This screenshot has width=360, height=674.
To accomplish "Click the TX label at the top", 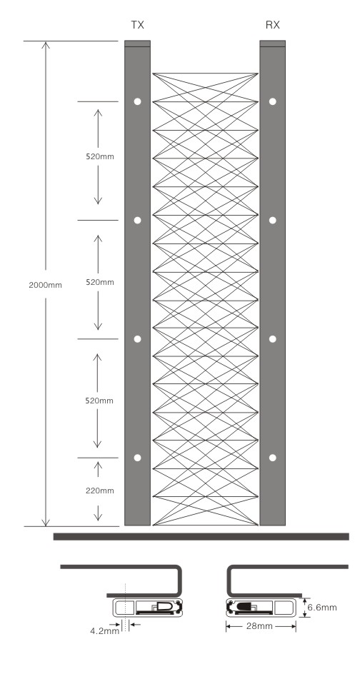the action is pyautogui.click(x=137, y=25).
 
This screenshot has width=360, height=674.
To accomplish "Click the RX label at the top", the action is pyautogui.click(x=273, y=25).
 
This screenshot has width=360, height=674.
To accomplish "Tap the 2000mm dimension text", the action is pyautogui.click(x=45, y=285).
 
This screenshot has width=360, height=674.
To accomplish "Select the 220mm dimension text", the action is pyautogui.click(x=100, y=491).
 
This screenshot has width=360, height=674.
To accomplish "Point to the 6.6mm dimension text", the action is pyautogui.click(x=321, y=608).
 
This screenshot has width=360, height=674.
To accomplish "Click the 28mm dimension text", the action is pyautogui.click(x=259, y=626).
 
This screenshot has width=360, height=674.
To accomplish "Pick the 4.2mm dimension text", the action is pyautogui.click(x=104, y=631).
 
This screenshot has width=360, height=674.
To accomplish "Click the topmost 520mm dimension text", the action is pyautogui.click(x=100, y=156).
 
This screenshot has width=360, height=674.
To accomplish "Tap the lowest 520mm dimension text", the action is pyautogui.click(x=99, y=401).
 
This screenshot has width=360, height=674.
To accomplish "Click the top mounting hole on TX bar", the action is pyautogui.click(x=138, y=101).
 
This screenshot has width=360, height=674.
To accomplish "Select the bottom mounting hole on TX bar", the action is pyautogui.click(x=138, y=458).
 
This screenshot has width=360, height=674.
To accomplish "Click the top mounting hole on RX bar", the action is pyautogui.click(x=273, y=101).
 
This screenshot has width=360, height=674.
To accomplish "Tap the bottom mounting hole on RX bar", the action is pyautogui.click(x=273, y=458).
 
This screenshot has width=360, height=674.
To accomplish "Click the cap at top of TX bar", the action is pyautogui.click(x=138, y=44).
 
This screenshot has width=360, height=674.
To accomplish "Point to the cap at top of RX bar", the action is pyautogui.click(x=273, y=44).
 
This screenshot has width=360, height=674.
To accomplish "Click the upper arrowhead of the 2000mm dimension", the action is pyautogui.click(x=46, y=45).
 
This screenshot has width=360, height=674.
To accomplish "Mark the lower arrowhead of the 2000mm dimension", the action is pyautogui.click(x=46, y=522).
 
